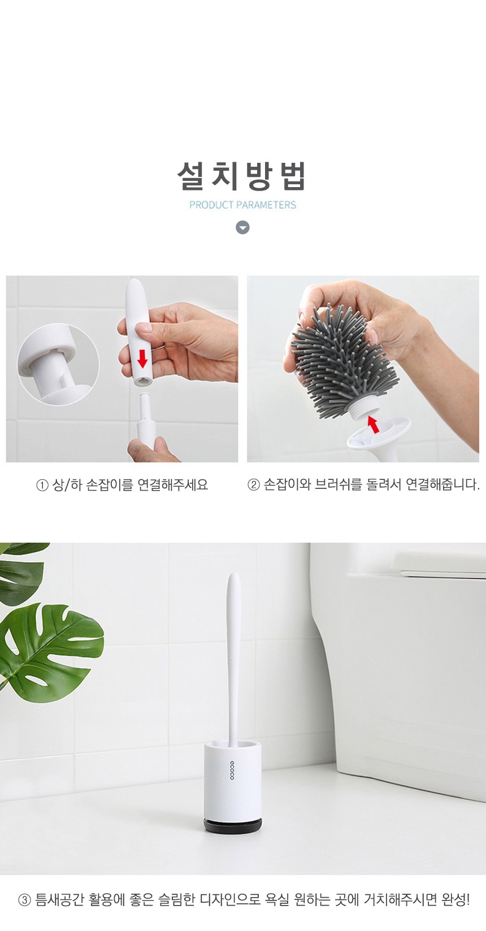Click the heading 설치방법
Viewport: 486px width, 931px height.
pyautogui.click(x=242, y=176)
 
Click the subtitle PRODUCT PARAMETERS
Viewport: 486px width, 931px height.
pyautogui.click(x=242, y=205)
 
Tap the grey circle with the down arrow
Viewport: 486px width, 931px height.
pyautogui.click(x=242, y=228)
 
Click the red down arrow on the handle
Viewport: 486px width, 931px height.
pyautogui.click(x=142, y=359)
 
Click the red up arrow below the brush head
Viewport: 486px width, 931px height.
pyautogui.click(x=374, y=425)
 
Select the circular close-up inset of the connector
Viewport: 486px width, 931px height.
pyautogui.click(x=58, y=365)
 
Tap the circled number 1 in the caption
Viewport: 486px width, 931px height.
pyautogui.click(x=42, y=486)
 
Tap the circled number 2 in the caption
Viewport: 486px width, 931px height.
pyautogui.click(x=253, y=486)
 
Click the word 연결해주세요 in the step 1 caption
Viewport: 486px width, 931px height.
pyautogui.click(x=172, y=485)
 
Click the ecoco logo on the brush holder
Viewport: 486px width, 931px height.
pyautogui.click(x=232, y=769)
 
